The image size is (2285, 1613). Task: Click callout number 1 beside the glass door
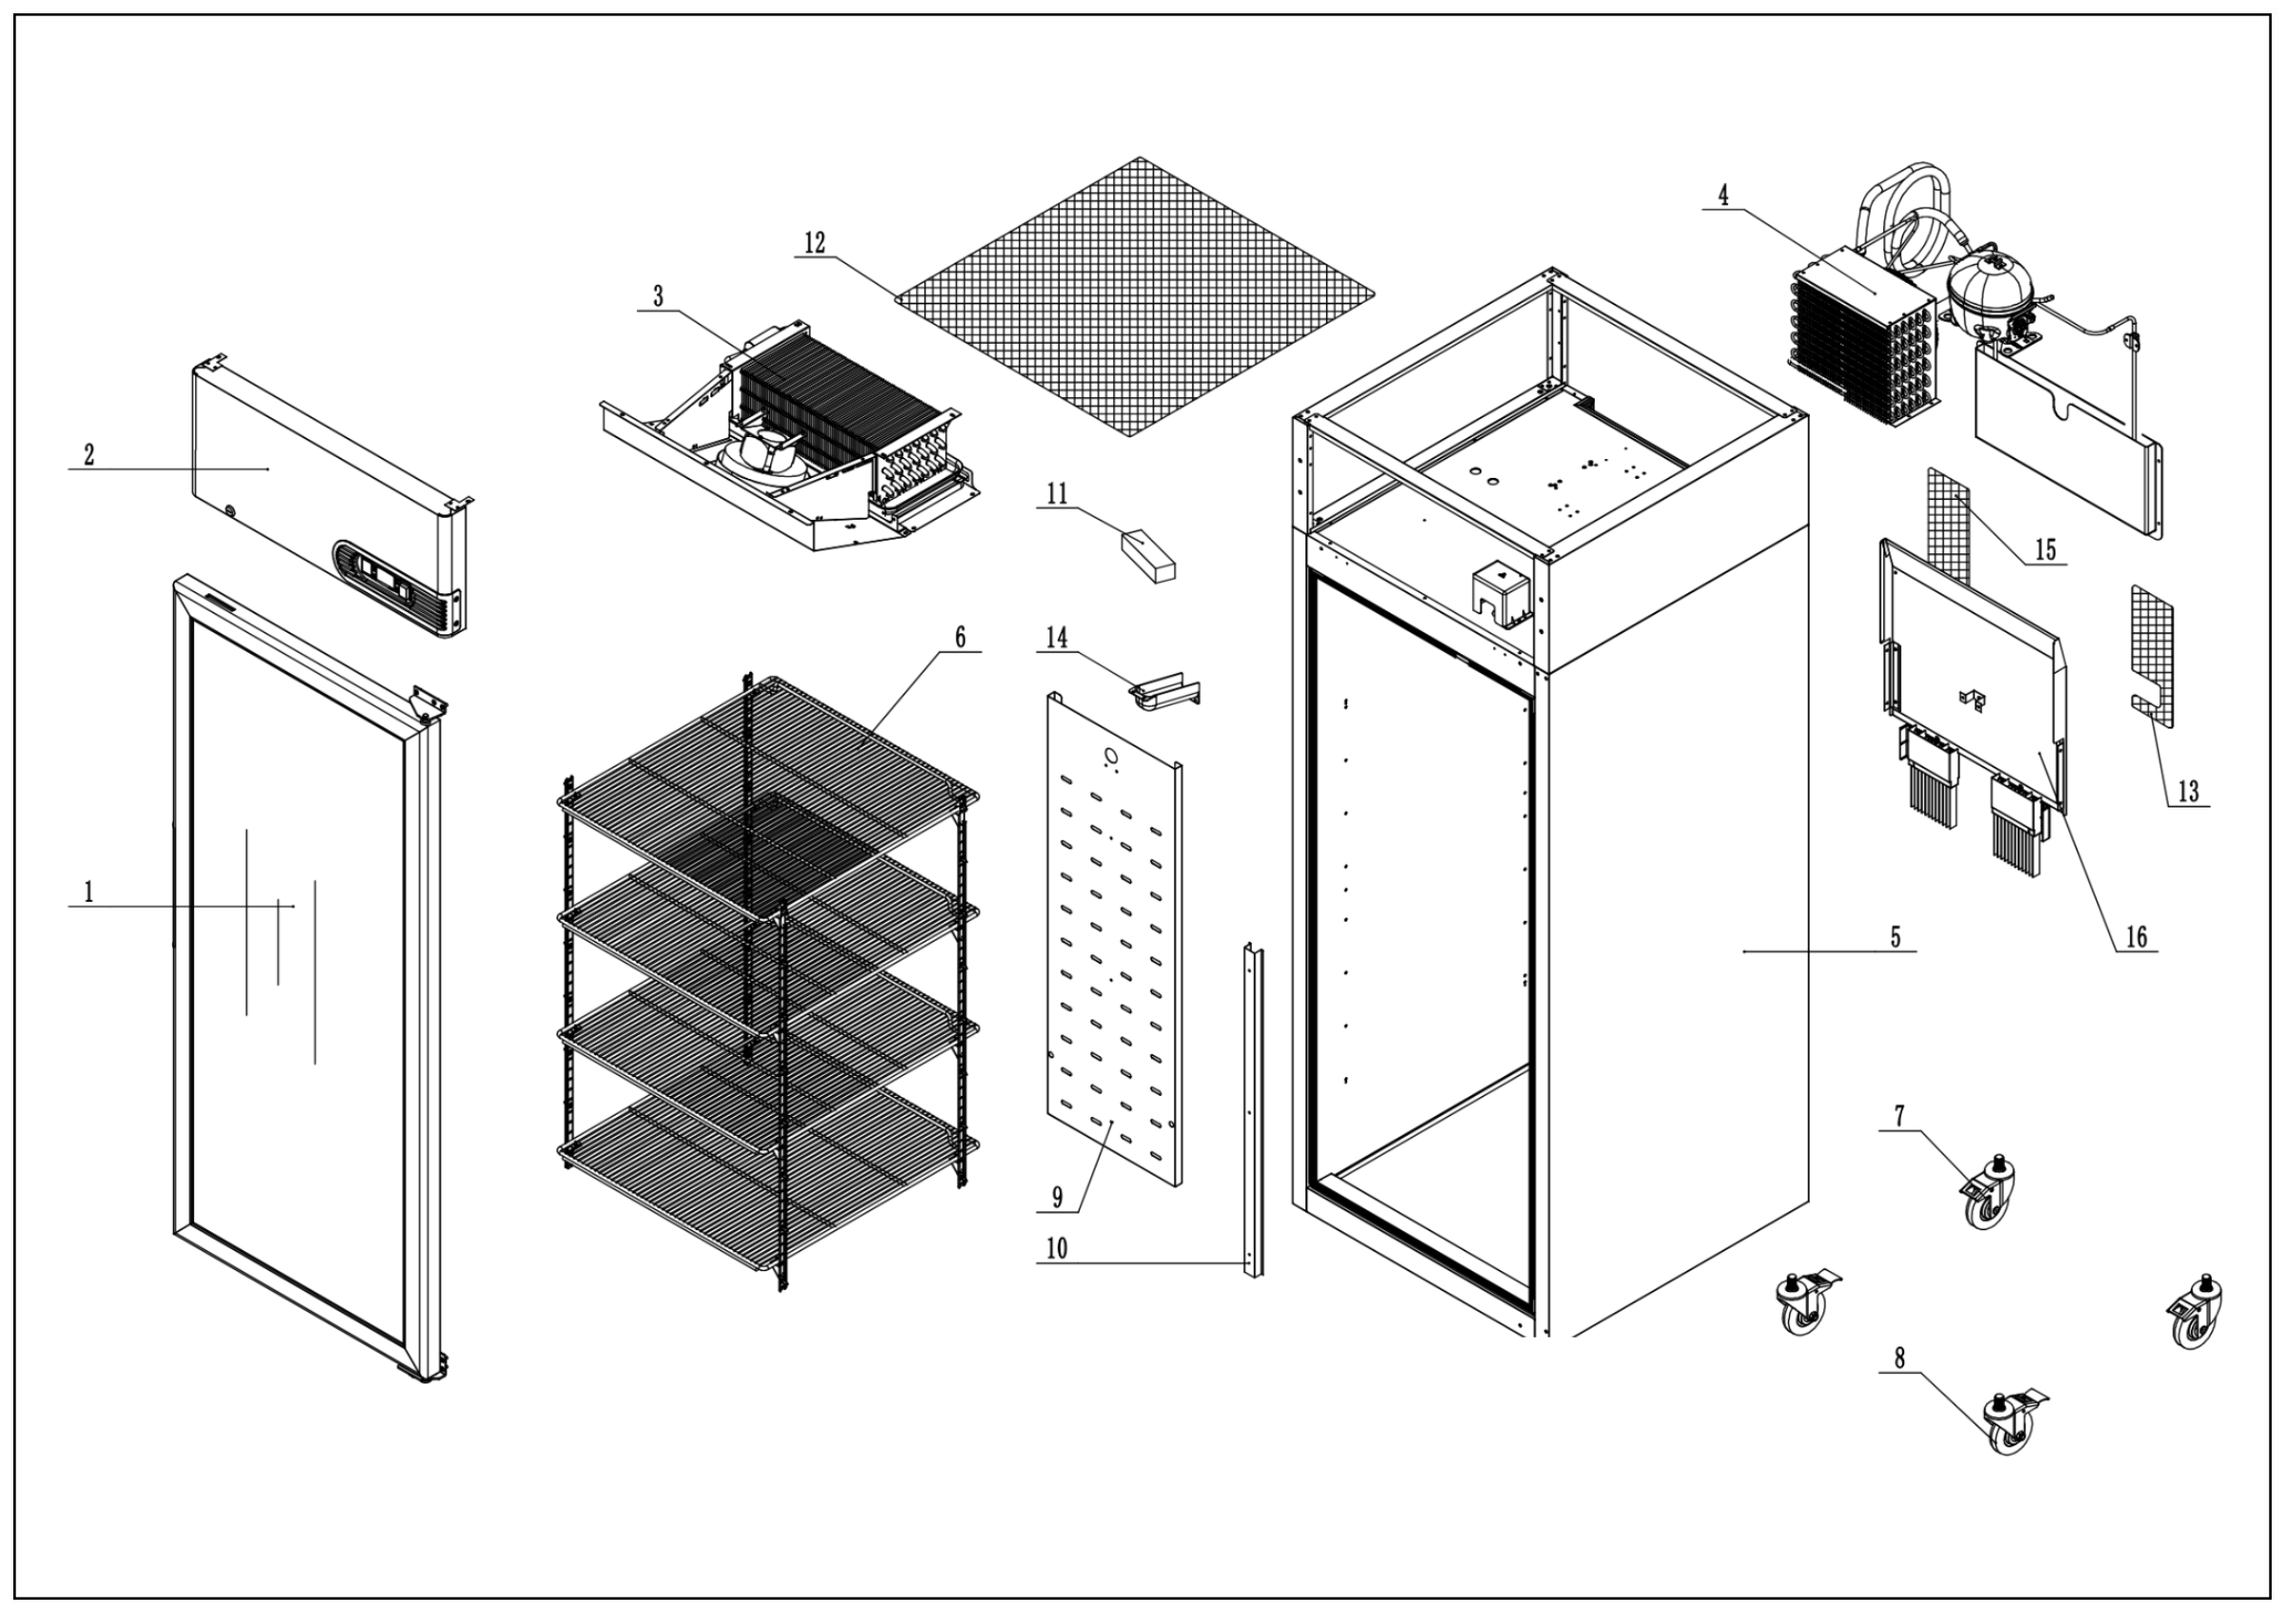tap(89, 891)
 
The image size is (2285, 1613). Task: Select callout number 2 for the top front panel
tap(89, 455)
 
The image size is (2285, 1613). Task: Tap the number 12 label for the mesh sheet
tap(815, 243)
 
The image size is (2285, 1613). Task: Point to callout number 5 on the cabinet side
tap(1895, 936)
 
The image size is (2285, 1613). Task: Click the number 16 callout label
tap(2136, 936)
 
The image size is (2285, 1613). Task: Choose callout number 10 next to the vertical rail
tap(1057, 1247)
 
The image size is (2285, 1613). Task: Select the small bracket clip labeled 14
tap(1163, 690)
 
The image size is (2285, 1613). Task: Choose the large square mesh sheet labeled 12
tap(1135, 295)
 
